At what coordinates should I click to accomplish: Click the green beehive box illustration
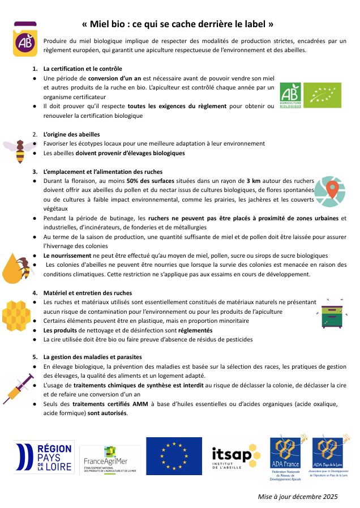pyautogui.click(x=332, y=315)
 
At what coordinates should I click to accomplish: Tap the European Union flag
pyautogui.click(x=173, y=456)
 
